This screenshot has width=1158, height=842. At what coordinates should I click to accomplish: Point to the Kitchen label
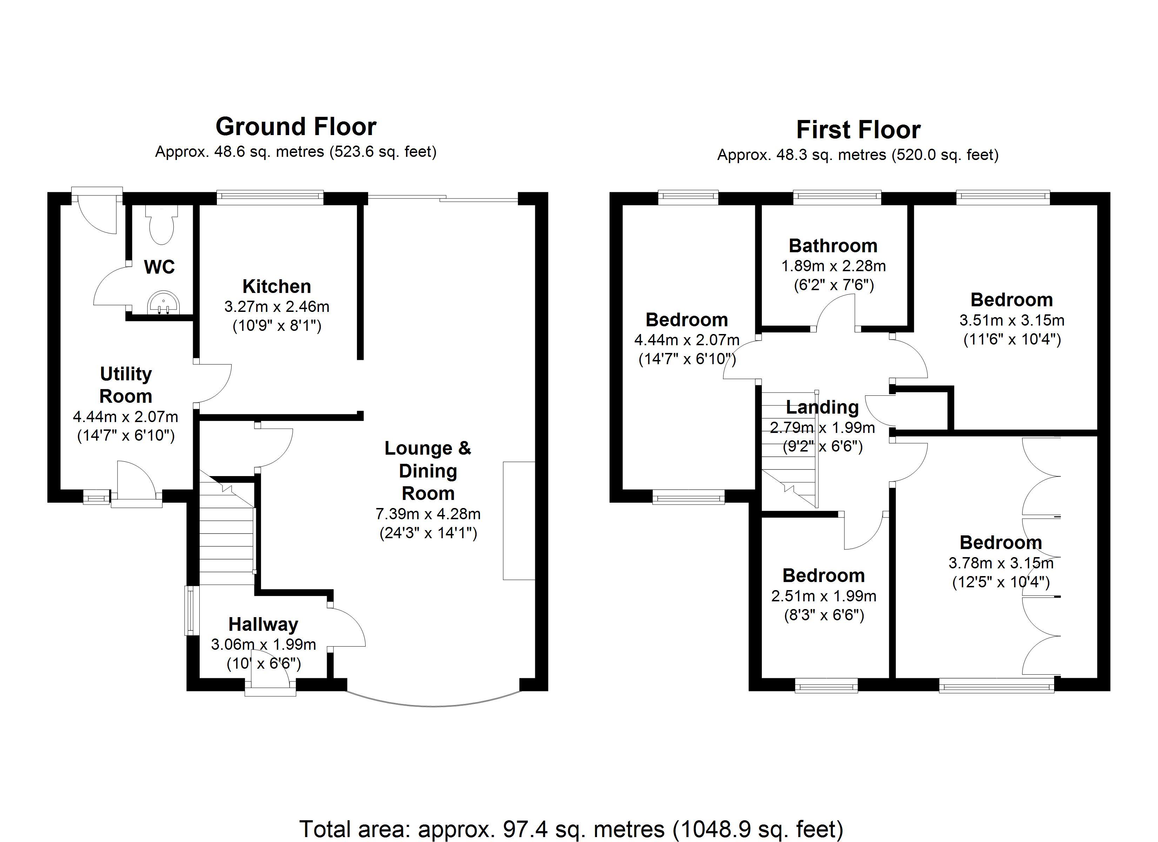click(277, 286)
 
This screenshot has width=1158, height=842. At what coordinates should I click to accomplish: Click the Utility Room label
click(126, 385)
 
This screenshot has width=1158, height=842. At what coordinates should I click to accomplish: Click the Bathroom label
click(833, 246)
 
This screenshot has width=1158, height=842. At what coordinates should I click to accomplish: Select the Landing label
click(822, 407)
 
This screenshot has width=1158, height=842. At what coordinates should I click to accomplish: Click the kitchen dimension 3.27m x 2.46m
click(277, 306)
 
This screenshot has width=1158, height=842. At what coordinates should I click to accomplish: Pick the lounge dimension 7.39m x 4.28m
click(428, 514)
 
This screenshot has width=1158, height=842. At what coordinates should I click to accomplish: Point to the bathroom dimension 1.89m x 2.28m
click(833, 266)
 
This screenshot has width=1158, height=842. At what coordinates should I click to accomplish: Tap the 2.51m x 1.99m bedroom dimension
click(824, 596)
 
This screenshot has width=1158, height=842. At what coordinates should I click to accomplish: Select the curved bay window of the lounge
click(433, 704)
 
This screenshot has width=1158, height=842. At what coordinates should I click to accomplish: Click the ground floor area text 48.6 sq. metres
click(295, 152)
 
